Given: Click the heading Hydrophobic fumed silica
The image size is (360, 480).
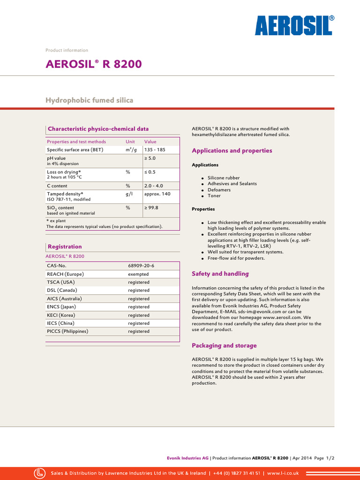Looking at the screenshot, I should (x=89, y=100).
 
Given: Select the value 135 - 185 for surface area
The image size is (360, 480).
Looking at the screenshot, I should (x=154, y=150).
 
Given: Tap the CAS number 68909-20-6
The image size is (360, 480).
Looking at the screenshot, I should (x=141, y=266).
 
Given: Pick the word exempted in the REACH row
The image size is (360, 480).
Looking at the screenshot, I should (x=138, y=274).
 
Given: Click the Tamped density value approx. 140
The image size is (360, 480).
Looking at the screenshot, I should (x=157, y=194).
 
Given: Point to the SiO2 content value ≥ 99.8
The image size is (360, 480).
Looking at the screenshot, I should (x=151, y=208).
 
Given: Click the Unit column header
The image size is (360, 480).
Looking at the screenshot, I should (x=130, y=142).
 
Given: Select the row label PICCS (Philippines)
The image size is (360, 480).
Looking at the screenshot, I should (x=67, y=331).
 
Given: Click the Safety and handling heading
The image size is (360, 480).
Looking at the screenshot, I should (x=220, y=274).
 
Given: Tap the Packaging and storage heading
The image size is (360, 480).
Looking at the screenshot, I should (x=224, y=345).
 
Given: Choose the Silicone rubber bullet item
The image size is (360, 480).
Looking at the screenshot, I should (x=224, y=178).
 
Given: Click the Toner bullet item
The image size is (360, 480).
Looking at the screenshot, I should (x=214, y=196).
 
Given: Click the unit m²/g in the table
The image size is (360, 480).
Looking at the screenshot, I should (x=131, y=150).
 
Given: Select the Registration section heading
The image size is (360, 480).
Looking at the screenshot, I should (x=65, y=247).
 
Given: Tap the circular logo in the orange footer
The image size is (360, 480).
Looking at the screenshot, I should (x=40, y=473).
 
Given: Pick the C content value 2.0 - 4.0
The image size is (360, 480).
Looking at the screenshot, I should (x=154, y=186).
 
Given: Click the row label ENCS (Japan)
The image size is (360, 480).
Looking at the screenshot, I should (x=63, y=307).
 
